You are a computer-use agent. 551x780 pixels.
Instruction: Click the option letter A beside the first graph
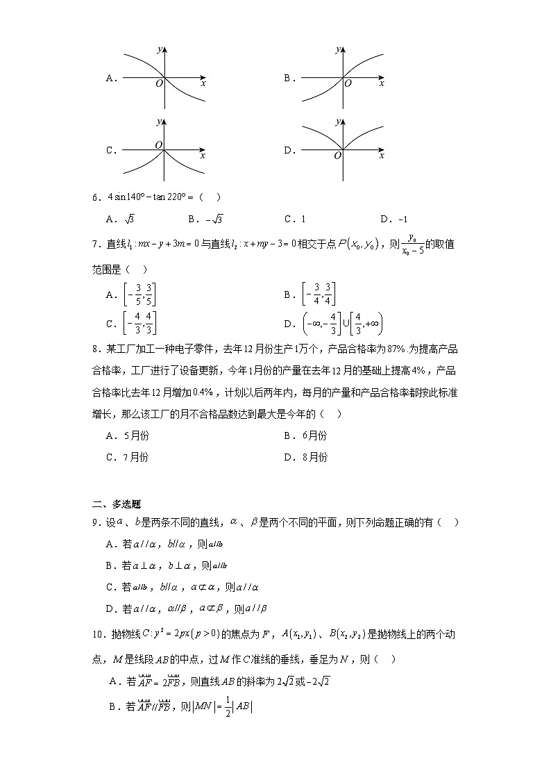pyautogui.click(x=109, y=78)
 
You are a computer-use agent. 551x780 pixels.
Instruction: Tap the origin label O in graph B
pyautogui.click(x=348, y=83)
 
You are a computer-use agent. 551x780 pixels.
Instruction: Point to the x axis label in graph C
pyautogui.click(x=202, y=156)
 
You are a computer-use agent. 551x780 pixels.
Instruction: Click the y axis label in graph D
pyautogui.click(x=337, y=121)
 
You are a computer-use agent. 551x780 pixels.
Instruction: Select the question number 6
pyautogui.click(x=98, y=197)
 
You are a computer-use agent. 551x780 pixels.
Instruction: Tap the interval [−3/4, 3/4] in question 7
pyautogui.click(x=319, y=294)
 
